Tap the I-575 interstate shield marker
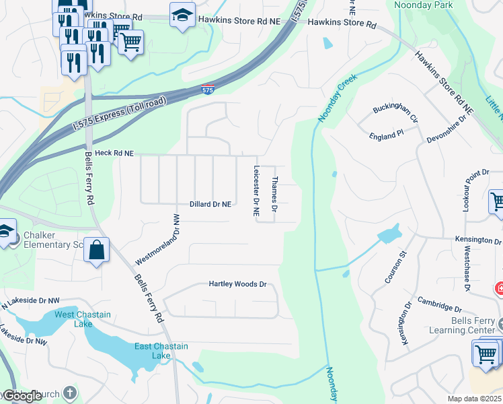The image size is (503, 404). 208,89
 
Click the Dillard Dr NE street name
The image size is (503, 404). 210,203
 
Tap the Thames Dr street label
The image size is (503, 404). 274,192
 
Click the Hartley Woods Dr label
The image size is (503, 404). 237,284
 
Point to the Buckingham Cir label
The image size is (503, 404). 395,112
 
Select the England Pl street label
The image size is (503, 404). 386,136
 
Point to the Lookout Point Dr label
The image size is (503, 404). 468,189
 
